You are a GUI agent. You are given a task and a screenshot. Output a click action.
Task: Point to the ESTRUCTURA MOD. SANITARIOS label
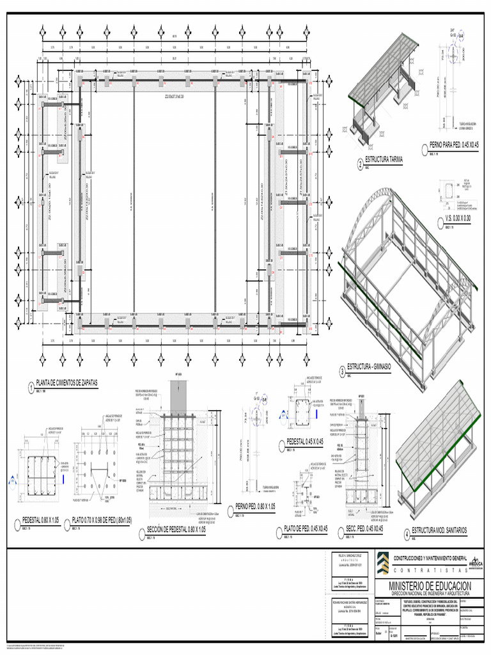pos(440,530)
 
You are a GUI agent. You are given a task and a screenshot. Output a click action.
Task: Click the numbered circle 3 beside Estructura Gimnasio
pos(342,372)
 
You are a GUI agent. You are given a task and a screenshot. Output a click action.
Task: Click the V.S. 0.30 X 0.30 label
pos(458,218)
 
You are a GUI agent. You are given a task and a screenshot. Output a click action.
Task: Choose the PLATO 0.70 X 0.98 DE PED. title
pos(102,521)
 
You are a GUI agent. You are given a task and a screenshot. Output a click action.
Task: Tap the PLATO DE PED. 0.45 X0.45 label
pos(306,529)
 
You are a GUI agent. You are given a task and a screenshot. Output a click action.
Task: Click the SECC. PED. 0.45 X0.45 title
pos(364,529)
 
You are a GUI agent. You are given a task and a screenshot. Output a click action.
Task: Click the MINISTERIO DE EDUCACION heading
pos(430,587)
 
